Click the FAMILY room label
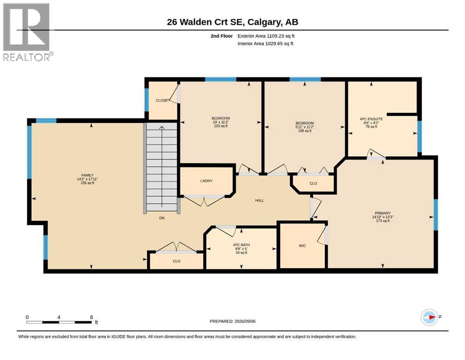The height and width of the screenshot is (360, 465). pyautogui.click(x=88, y=175)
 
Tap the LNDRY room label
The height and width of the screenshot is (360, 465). pyautogui.click(x=206, y=181)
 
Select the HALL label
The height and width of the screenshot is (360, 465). pyautogui.click(x=259, y=200)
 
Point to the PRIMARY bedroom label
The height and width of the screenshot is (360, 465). pyautogui.click(x=383, y=213)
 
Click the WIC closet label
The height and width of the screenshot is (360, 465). pyautogui.click(x=302, y=246)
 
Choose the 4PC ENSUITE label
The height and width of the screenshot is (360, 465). pyautogui.click(x=371, y=119)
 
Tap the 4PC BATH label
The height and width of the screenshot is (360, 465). pyautogui.click(x=241, y=245)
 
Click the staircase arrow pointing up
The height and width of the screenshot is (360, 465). pyautogui.click(x=162, y=166)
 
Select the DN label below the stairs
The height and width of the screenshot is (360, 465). pyautogui.click(x=162, y=218)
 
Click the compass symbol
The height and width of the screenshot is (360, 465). pyautogui.click(x=429, y=317)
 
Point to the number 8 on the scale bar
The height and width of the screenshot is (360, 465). pyautogui.click(x=91, y=317)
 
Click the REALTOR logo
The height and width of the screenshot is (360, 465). pyautogui.click(x=28, y=32)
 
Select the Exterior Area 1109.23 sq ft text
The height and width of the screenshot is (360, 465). pyautogui.click(x=266, y=36)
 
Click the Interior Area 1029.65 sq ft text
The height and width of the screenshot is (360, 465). pyautogui.click(x=266, y=43)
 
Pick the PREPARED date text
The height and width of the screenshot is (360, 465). pyautogui.click(x=232, y=321)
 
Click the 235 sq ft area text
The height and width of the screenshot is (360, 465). pyautogui.click(x=88, y=183)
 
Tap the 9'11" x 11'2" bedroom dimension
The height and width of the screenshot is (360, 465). pyautogui.click(x=304, y=127)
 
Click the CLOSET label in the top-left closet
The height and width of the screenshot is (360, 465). pyautogui.click(x=163, y=100)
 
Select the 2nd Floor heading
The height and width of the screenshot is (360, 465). pyautogui.click(x=221, y=36)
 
